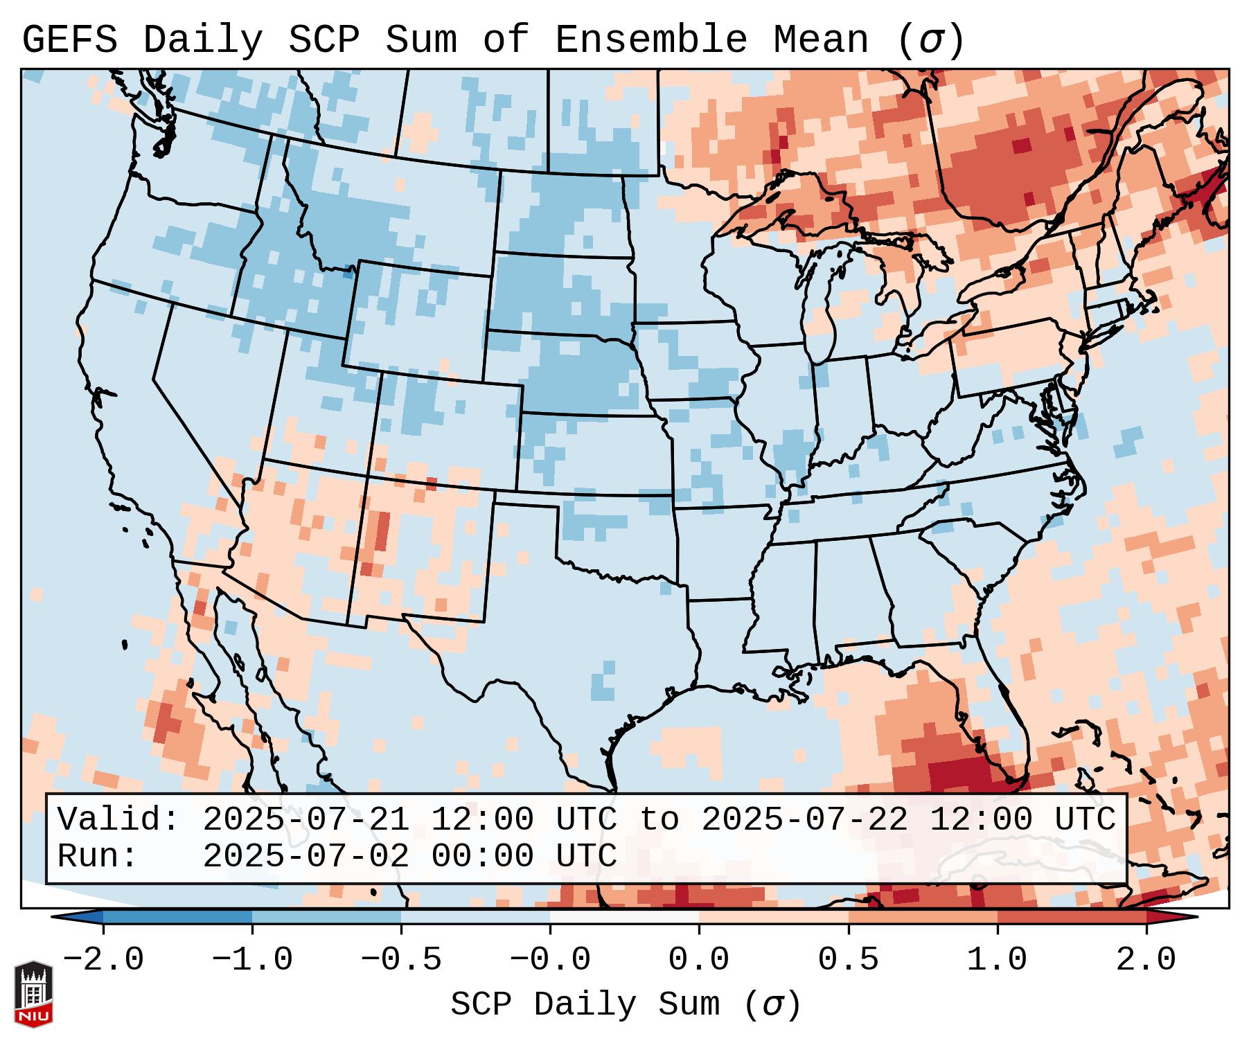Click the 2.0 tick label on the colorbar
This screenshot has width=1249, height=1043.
click(1146, 960)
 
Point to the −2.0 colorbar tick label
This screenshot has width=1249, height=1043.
click(103, 960)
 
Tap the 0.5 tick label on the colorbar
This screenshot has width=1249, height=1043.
click(848, 960)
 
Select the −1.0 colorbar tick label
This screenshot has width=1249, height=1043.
click(252, 960)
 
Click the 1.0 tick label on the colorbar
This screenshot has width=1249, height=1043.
click(997, 960)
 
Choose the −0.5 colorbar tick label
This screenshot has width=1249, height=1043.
click(401, 960)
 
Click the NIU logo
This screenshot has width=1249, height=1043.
click(34, 993)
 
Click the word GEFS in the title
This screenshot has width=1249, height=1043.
click(69, 40)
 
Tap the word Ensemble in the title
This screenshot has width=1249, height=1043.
click(650, 40)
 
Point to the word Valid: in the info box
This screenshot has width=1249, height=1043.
click(118, 820)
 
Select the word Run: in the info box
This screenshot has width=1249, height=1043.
click(98, 856)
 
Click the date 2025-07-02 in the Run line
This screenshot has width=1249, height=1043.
click(305, 856)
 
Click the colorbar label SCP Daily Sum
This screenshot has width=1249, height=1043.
click(585, 1004)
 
